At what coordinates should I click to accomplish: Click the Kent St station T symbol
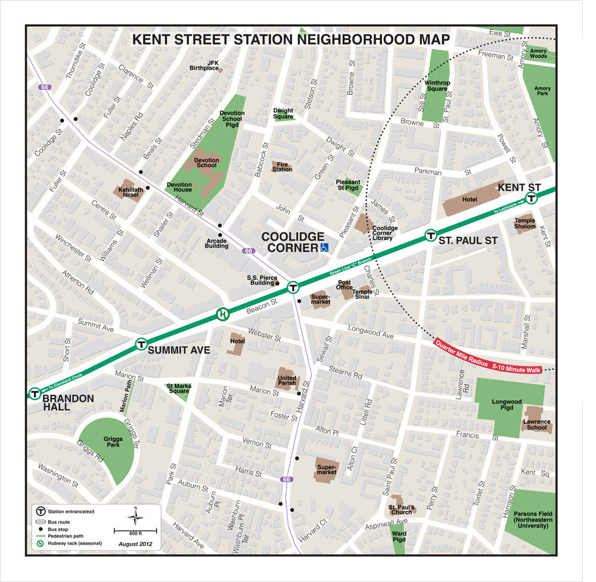pyautogui.click(x=530, y=198)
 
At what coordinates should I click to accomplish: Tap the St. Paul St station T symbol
pyautogui.click(x=430, y=235)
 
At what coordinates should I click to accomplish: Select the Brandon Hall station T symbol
pyautogui.click(x=35, y=394)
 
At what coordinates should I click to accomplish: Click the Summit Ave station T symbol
pyautogui.click(x=141, y=344)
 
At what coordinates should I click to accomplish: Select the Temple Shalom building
pyautogui.click(x=525, y=223)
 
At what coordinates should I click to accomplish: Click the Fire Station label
pyautogui.click(x=283, y=167)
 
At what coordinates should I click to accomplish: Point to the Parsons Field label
pyautogui.click(x=532, y=521)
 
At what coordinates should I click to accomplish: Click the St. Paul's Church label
pyautogui.click(x=401, y=509)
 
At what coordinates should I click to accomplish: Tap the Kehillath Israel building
pyautogui.click(x=129, y=191)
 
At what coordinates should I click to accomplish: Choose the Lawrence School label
pyautogui.click(x=536, y=425)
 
